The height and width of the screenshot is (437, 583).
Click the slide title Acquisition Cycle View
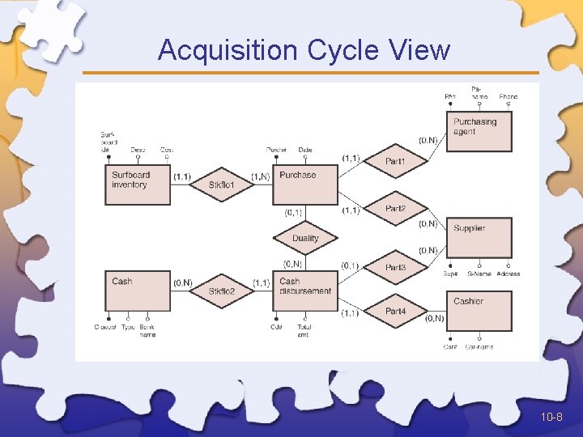[304, 50]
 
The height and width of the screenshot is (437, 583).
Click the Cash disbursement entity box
[304, 291]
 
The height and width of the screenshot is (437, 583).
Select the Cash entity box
[138, 291]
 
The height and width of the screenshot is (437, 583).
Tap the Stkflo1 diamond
[221, 185]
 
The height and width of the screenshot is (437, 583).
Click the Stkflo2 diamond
[221, 291]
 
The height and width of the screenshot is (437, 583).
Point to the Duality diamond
[305, 239]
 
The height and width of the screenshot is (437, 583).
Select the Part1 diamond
[395, 162]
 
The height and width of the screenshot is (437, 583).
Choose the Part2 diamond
[395, 209]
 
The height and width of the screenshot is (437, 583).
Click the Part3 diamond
[395, 267]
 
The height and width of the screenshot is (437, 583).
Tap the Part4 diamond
[395, 312]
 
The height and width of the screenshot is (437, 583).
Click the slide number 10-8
[551, 417]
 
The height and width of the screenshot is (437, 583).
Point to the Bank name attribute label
[147, 330]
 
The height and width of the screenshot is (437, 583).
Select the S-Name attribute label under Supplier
[479, 274]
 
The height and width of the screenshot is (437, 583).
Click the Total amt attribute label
[304, 330]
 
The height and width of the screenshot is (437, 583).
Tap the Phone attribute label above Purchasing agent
[508, 97]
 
